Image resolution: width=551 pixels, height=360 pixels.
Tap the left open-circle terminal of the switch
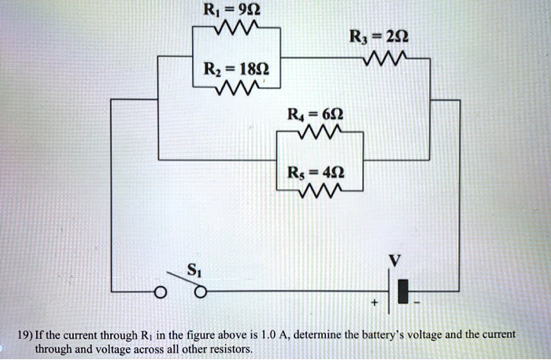tap(161, 294)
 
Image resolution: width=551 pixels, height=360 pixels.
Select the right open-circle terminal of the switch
tap(201, 294)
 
